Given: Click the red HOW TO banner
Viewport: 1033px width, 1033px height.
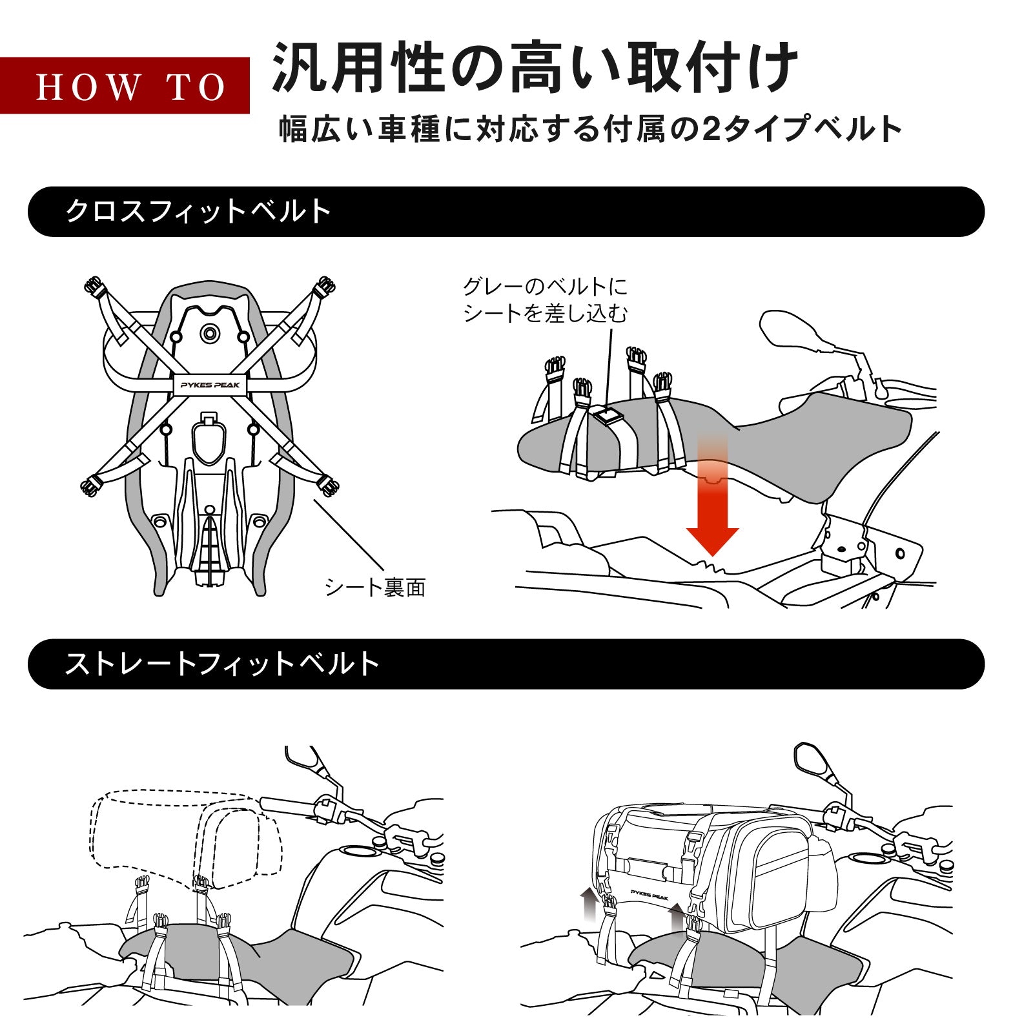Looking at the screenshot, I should [x=125, y=86].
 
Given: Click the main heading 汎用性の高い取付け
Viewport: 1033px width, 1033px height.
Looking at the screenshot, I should [x=535, y=68].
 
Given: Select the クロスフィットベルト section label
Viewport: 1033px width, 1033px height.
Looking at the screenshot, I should [x=198, y=211].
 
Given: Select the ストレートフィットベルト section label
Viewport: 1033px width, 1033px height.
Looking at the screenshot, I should [x=222, y=664].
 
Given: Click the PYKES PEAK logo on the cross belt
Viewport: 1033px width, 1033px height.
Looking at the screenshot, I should [x=210, y=385].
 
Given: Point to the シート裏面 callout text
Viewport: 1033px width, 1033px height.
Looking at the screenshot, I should [x=374, y=587].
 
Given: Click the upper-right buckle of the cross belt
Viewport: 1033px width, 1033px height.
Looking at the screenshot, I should [x=325, y=285].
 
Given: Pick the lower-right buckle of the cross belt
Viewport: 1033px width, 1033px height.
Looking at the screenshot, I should [x=328, y=486].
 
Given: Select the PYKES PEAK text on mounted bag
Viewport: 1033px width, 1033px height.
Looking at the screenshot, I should [x=649, y=896].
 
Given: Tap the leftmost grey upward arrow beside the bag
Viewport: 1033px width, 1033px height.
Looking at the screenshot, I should [x=588, y=905].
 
